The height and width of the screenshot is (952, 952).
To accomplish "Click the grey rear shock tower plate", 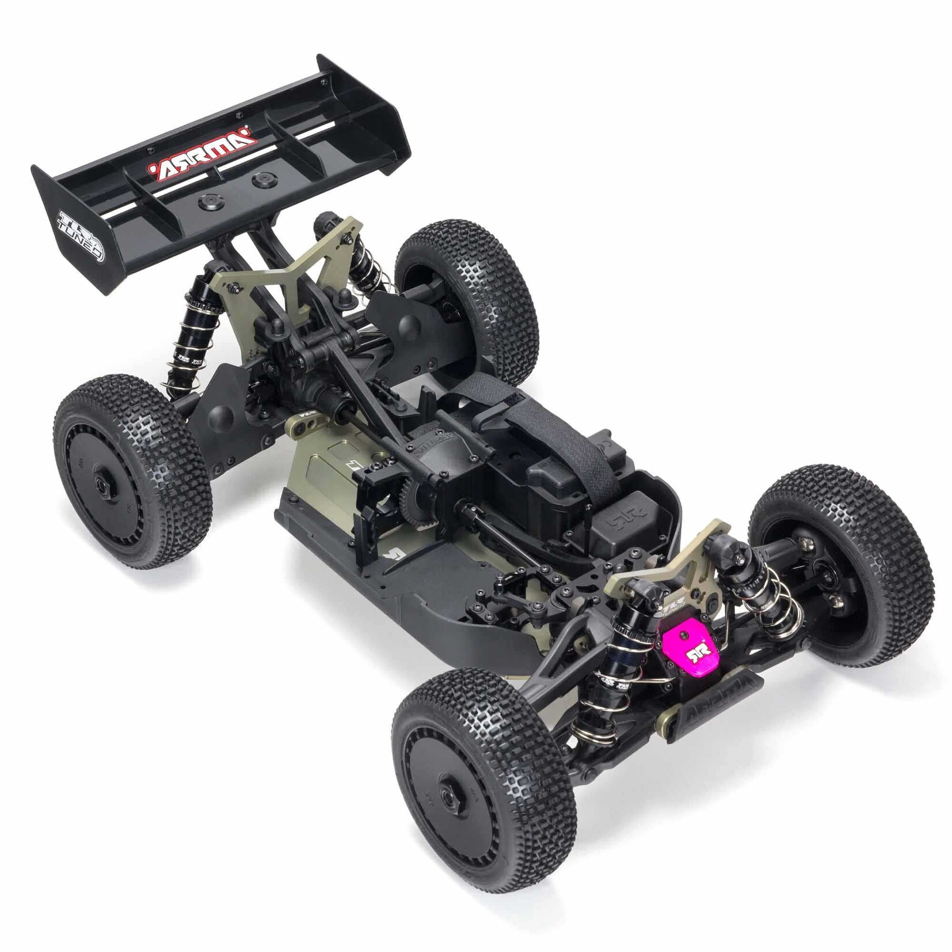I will [271, 265].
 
